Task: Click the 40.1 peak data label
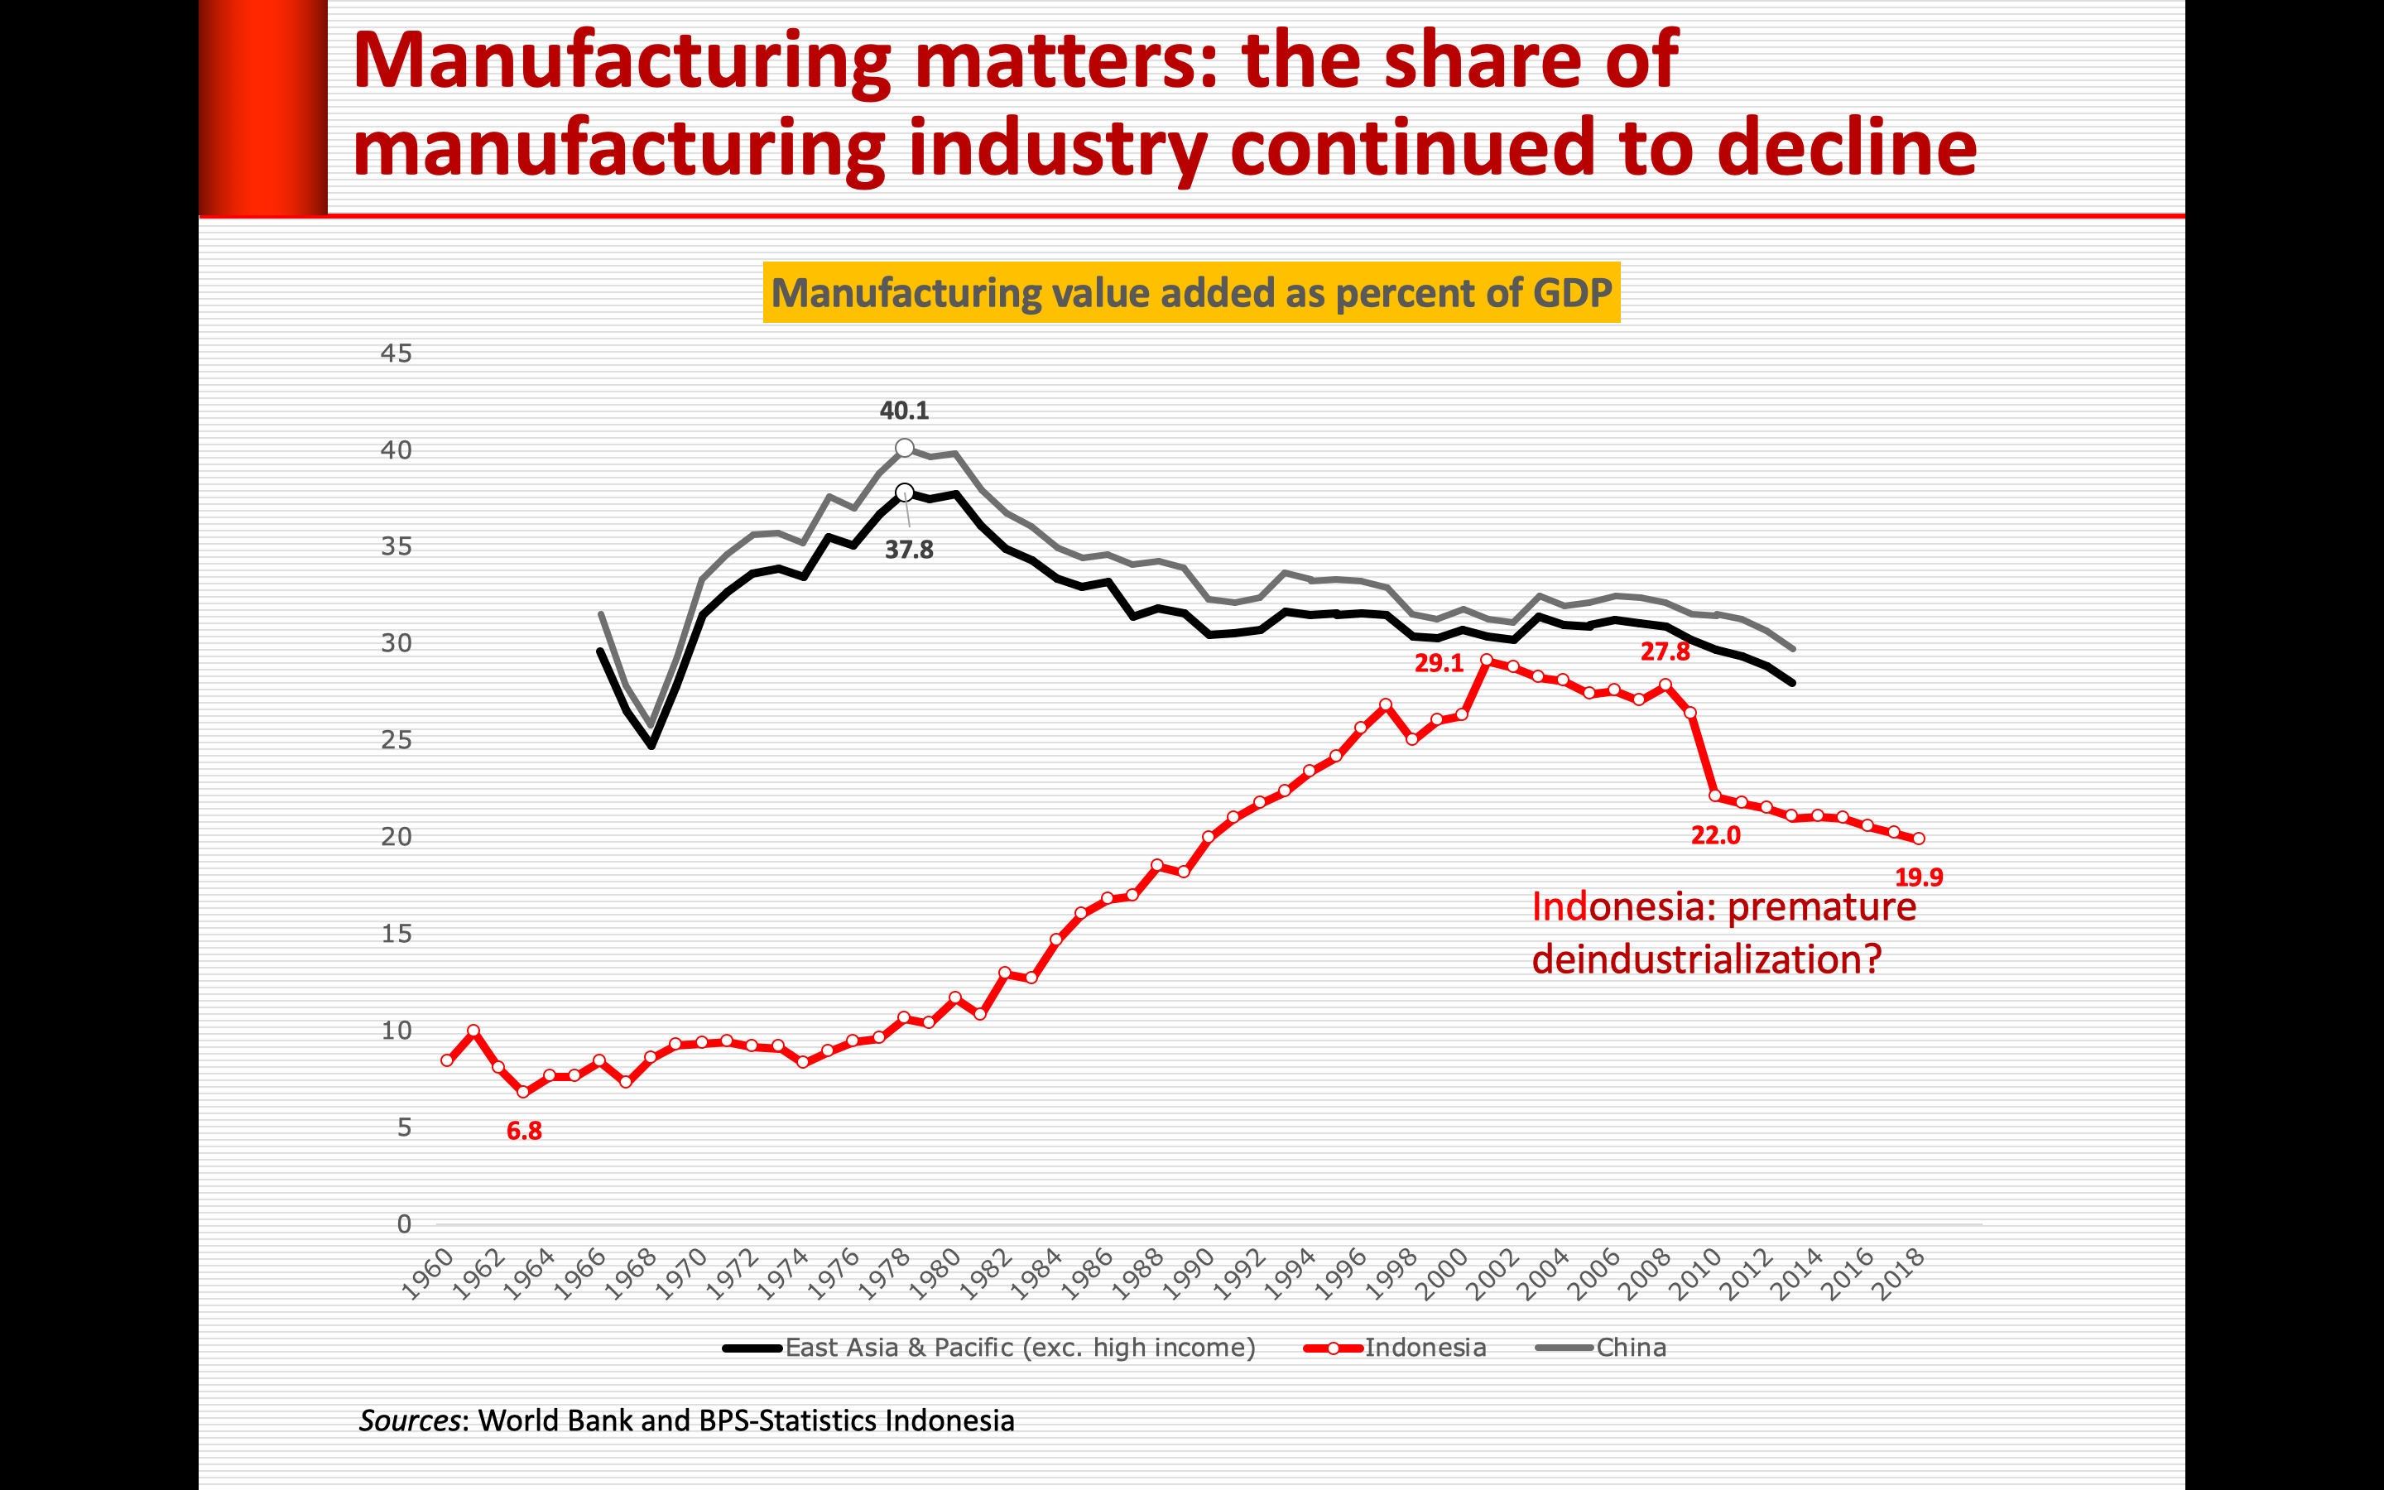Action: [x=903, y=411]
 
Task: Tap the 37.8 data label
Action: [x=908, y=550]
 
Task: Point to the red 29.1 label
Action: [x=1439, y=664]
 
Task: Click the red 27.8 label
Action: [x=1664, y=651]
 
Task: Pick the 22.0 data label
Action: [x=1715, y=836]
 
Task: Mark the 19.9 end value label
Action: [x=1918, y=877]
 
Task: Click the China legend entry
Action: [x=1631, y=1347]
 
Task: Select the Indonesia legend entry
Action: [x=1425, y=1347]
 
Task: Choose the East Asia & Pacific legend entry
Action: [x=1019, y=1347]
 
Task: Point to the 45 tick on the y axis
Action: [x=396, y=353]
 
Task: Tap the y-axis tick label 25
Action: [x=396, y=740]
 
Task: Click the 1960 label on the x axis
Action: [x=430, y=1273]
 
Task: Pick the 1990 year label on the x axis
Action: [x=1188, y=1273]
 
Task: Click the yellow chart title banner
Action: [x=1191, y=293]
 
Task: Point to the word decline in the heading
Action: [x=1846, y=148]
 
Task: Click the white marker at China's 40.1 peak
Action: [x=904, y=449]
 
